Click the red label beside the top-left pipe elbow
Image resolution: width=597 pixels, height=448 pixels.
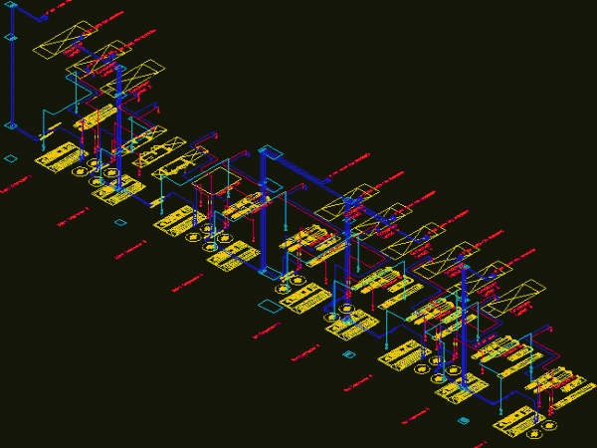(x=60, y=9)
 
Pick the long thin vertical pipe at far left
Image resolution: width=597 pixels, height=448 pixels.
(x=11, y=80)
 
